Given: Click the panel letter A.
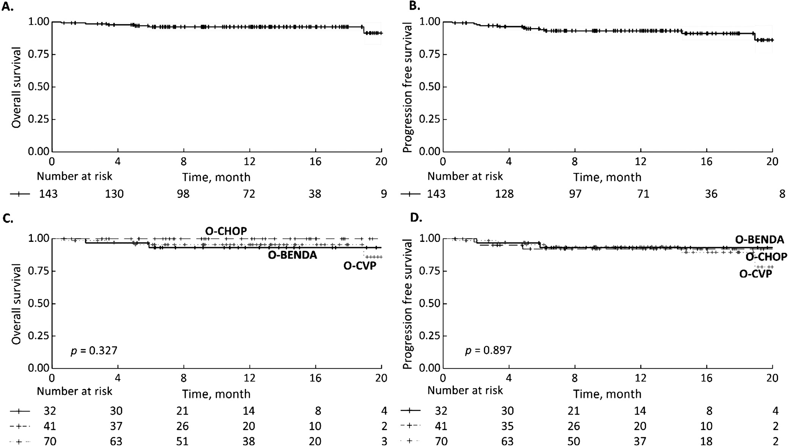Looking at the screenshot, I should (8, 6).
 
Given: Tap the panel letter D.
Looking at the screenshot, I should (416, 218).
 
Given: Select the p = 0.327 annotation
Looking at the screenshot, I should (94, 350).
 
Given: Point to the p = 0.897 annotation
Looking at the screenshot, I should (488, 350).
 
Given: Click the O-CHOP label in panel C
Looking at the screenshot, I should (226, 231).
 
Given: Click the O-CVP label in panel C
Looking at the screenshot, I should (360, 265).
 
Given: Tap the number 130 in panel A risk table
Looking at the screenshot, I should (114, 194).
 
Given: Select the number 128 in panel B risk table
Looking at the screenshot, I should (504, 194).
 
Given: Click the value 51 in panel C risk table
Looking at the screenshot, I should (182, 441).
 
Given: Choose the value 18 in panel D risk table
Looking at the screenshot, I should (706, 441).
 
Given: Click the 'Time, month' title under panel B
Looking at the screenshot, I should (607, 177).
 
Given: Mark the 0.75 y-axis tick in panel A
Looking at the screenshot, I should (39, 54).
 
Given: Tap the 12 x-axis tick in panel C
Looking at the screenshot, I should (249, 378).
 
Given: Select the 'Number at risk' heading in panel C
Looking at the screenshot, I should (74, 391).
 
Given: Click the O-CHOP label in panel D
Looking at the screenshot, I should (766, 257).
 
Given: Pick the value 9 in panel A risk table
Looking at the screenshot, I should (384, 194).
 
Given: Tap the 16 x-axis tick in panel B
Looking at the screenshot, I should (706, 161).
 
